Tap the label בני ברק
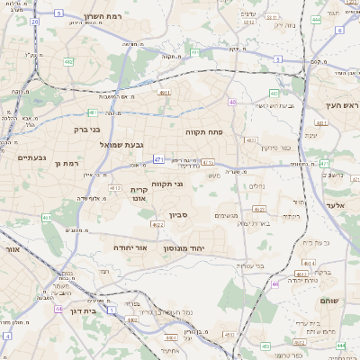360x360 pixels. click(x=86, y=129)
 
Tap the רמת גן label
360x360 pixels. click(x=68, y=163)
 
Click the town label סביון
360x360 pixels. click(x=176, y=215)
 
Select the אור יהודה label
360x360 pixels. click(x=130, y=247)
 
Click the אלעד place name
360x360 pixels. click(x=346, y=206)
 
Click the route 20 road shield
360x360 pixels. click(x=34, y=20)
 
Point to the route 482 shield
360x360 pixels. click(x=69, y=62)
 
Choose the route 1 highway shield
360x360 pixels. click(x=111, y=309)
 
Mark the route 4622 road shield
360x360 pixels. click(x=157, y=225)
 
